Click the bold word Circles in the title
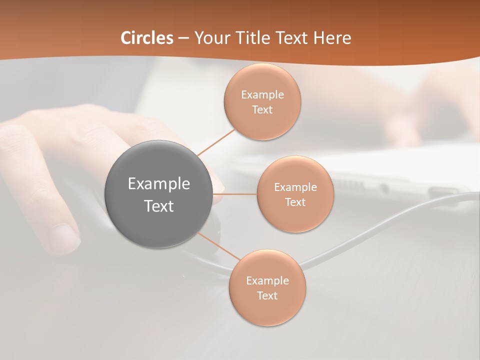tap(146, 38)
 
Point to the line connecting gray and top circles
tap(216, 142)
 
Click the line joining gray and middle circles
tap(235, 194)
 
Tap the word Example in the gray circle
tap(158, 184)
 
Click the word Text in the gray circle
tap(158, 206)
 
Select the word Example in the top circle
tap(262, 94)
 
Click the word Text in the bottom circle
tap(267, 295)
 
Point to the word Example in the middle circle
tap(295, 187)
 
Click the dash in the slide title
tap(183, 38)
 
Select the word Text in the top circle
tap(262, 109)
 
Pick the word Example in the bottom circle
tap(267, 280)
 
